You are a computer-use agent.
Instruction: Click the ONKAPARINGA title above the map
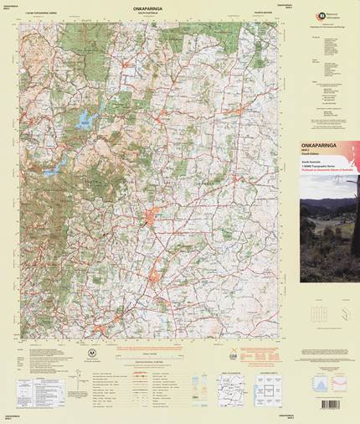[152, 8]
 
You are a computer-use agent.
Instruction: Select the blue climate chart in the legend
[316, 384]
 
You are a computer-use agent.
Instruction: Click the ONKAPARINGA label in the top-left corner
[13, 7]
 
